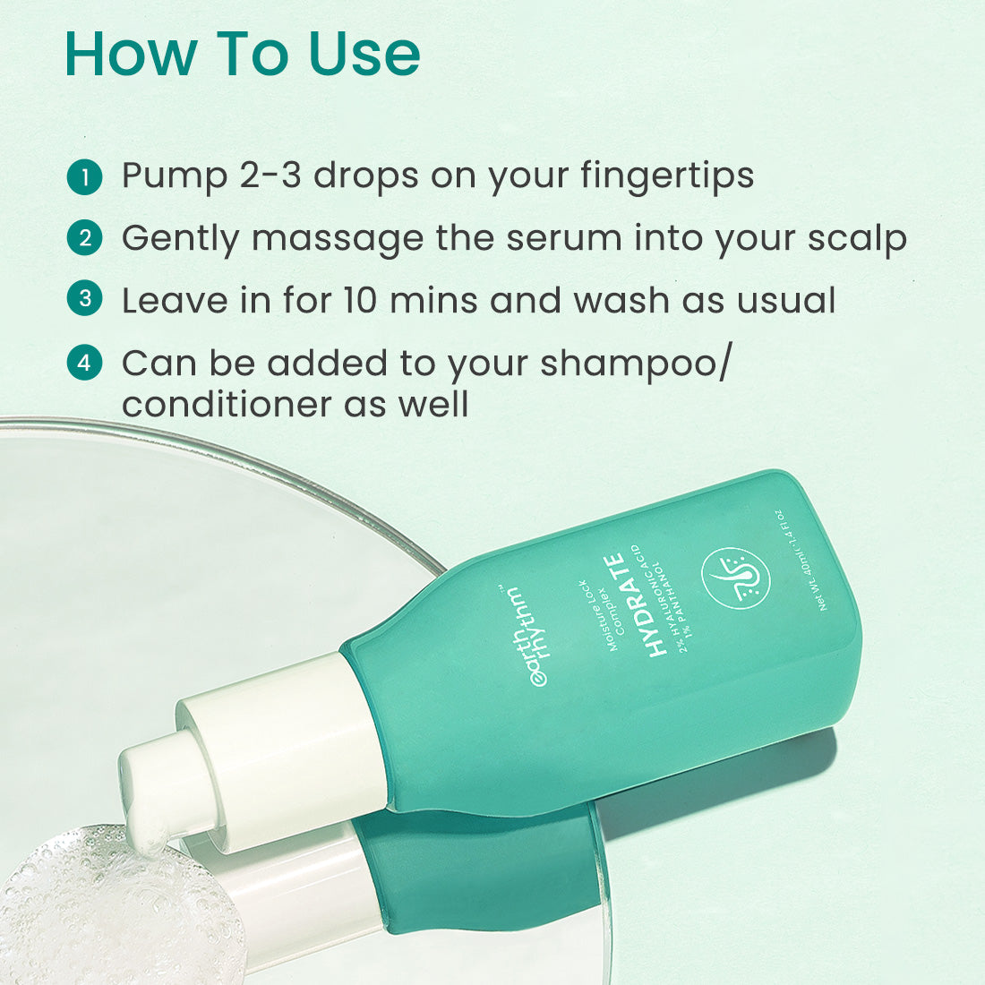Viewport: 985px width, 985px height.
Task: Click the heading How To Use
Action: (x=242, y=55)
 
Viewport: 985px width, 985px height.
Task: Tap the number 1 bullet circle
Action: (x=84, y=177)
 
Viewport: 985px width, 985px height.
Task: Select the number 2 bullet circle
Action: (x=84, y=238)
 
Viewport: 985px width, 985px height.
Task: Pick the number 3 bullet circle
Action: (x=84, y=298)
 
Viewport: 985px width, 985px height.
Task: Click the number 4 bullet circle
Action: (x=84, y=363)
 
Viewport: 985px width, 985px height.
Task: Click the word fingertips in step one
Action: (x=666, y=176)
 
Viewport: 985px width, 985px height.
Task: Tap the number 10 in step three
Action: (x=360, y=300)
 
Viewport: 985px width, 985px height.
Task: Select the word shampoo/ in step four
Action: (x=636, y=364)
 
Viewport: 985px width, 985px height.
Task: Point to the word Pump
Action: (x=174, y=176)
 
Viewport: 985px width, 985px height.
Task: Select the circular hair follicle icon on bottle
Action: (x=735, y=578)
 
